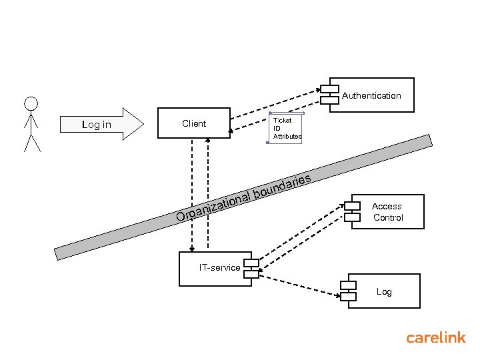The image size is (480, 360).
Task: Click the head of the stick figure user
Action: click(x=31, y=104)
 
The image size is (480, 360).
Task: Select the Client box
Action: click(x=193, y=123)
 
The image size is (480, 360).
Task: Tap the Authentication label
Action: click(x=371, y=95)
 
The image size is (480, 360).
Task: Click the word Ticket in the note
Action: click(x=282, y=121)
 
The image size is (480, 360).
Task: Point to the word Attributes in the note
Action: click(x=287, y=136)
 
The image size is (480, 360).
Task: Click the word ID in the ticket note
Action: click(x=277, y=128)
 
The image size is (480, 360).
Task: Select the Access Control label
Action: click(x=387, y=212)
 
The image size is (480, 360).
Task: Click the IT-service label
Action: click(x=219, y=267)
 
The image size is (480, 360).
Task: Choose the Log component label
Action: click(x=384, y=291)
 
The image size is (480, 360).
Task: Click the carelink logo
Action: click(x=436, y=337)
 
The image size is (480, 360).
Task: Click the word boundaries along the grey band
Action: click(x=283, y=186)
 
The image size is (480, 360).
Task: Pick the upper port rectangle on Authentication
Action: click(x=329, y=88)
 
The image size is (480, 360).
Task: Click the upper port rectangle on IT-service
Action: click(x=251, y=261)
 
